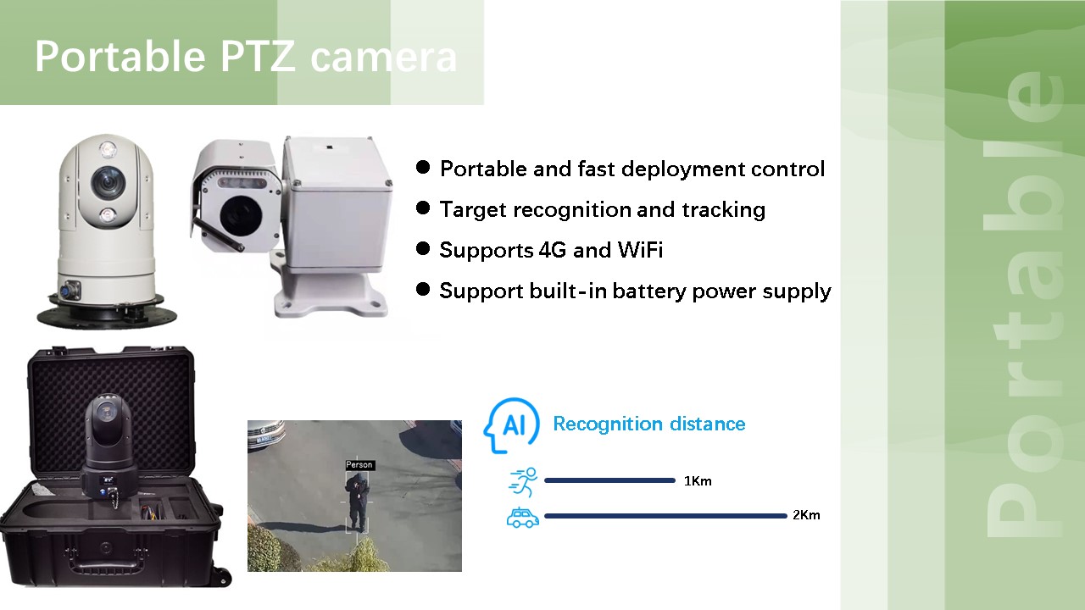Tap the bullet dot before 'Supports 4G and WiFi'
[x=423, y=249]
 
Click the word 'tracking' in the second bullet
[x=724, y=210]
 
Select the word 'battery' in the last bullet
[x=649, y=291]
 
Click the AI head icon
[x=511, y=425]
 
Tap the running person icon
[x=523, y=482]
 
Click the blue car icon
[x=523, y=518]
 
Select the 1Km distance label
[x=698, y=480]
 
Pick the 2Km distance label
[x=806, y=514]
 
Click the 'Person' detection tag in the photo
[x=359, y=465]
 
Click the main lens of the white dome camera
[x=108, y=182]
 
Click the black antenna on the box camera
[x=219, y=234]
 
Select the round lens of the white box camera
[x=241, y=214]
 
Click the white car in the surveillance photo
[x=266, y=434]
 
